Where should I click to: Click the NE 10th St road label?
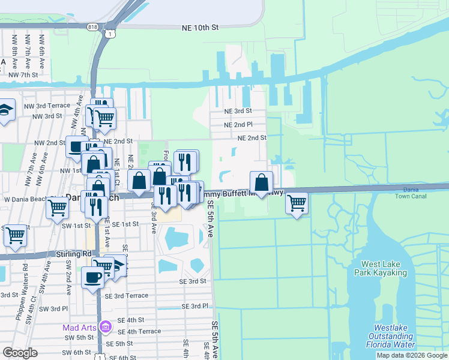pos(200,28)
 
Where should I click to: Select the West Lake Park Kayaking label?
pos(384,268)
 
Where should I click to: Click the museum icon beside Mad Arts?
pos(106,327)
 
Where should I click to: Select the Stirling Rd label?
pos(74,254)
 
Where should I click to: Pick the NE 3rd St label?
pos(238,111)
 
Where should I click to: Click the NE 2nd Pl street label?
pos(238,125)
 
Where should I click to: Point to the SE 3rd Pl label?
pos(194,306)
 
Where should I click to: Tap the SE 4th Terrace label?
pos(139,331)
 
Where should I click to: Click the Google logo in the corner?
pos(20,353)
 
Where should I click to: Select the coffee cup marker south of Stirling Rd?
pos(92,277)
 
